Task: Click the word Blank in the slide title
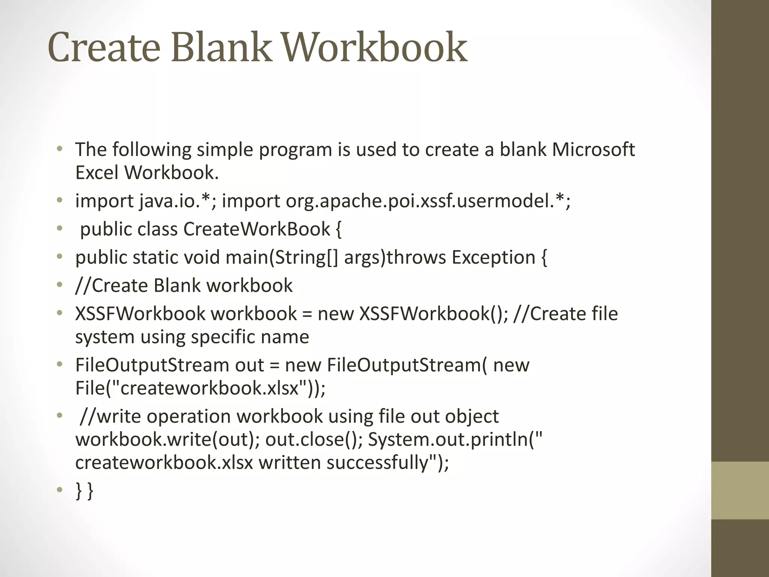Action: coord(221,47)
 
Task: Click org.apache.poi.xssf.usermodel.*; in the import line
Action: coord(428,201)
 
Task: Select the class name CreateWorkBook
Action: coord(257,229)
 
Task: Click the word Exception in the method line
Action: coord(493,258)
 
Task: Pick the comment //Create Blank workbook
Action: coord(184,285)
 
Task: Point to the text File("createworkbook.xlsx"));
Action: coord(201,388)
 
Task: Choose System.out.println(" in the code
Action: coord(455,440)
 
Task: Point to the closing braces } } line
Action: coord(84,491)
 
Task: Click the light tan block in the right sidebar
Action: coord(740,490)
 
